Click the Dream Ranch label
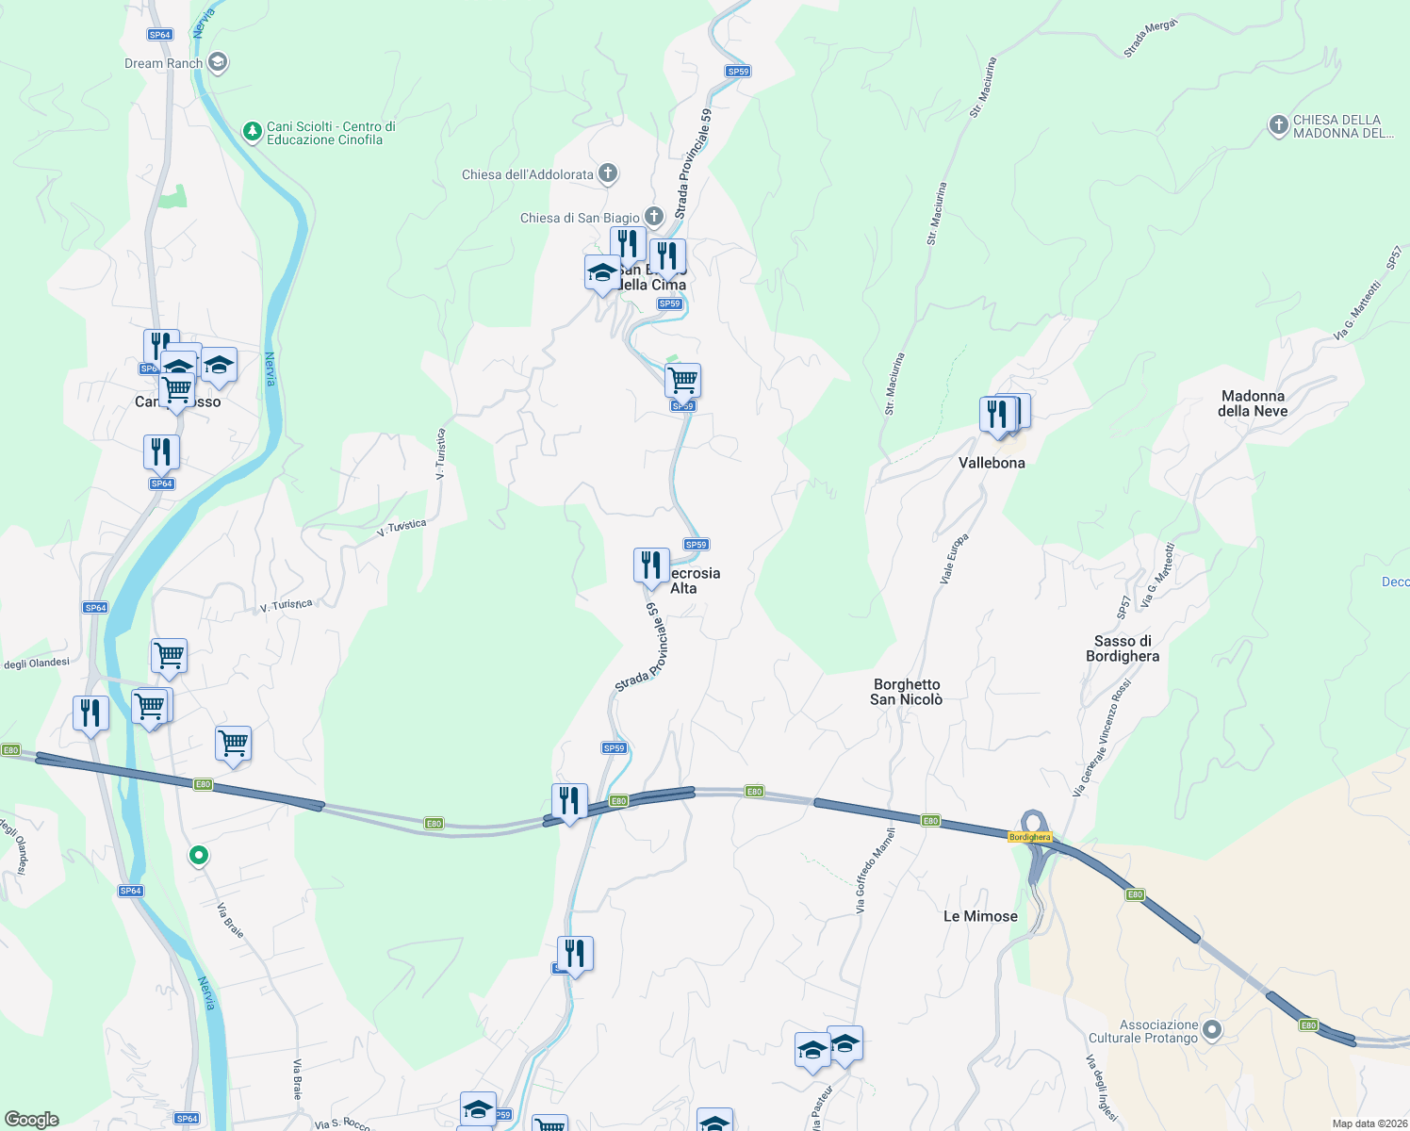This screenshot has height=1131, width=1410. point(164,64)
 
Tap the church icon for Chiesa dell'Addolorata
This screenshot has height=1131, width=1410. point(608,173)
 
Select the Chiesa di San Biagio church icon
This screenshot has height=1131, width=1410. point(653,217)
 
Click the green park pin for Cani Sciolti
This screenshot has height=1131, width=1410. point(252,131)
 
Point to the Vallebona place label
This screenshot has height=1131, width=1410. point(992,463)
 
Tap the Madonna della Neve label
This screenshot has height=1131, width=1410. point(1253,403)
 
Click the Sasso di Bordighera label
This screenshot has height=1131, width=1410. point(1123,648)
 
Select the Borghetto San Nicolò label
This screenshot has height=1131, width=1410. point(907,692)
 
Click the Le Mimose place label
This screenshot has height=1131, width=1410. point(980,916)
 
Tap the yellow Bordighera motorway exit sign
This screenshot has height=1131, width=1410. point(1029,837)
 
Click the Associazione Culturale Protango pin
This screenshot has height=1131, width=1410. point(1212,1030)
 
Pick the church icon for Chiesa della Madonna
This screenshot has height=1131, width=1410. point(1278,125)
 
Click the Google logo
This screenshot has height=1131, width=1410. point(32,1120)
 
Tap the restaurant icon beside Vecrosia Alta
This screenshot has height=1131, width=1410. point(651,566)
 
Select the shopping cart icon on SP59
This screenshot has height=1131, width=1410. point(682,381)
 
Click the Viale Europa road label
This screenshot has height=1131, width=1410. point(954,559)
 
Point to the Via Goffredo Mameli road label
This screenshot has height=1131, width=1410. point(874,870)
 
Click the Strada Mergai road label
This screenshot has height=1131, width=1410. point(1150,39)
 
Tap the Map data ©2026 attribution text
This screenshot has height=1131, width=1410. point(1369,1123)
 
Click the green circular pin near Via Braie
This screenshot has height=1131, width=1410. point(199,855)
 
